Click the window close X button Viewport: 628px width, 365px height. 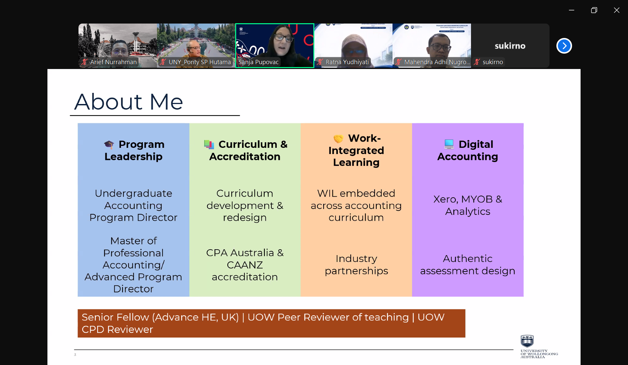(x=617, y=10)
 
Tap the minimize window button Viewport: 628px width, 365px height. (x=571, y=10)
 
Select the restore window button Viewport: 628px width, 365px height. (x=594, y=10)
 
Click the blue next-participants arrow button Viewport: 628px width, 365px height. (x=564, y=46)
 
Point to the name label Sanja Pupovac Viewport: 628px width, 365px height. (x=258, y=62)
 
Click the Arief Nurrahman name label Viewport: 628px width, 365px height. (x=113, y=62)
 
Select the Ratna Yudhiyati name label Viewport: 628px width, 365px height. (x=347, y=62)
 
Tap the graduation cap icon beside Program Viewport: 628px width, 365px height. (x=109, y=144)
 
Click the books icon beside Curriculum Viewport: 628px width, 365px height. (x=209, y=144)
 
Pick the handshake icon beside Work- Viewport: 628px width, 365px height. (x=338, y=139)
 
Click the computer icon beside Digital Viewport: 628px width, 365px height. (x=449, y=144)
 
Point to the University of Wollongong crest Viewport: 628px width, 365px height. (x=527, y=341)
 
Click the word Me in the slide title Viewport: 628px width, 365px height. (x=166, y=102)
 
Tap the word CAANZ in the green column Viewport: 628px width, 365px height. (x=245, y=265)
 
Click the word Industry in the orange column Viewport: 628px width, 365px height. (x=356, y=259)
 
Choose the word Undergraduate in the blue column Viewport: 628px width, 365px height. (x=133, y=194)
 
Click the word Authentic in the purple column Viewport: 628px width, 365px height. (x=467, y=259)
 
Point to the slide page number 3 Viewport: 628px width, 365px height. (x=75, y=355)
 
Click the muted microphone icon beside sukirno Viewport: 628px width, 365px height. (x=477, y=62)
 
